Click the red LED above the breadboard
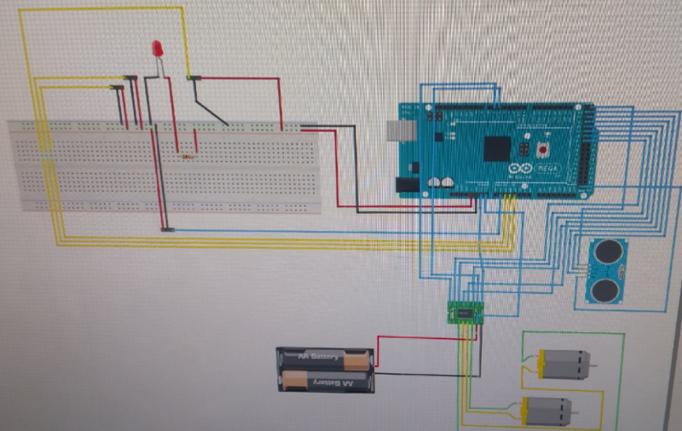[x=157, y=49]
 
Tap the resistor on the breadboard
[x=187, y=155]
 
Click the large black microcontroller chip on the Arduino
[x=497, y=149]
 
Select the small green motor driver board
[x=464, y=314]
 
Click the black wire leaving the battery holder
[x=418, y=374]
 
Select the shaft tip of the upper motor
[x=595, y=365]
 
